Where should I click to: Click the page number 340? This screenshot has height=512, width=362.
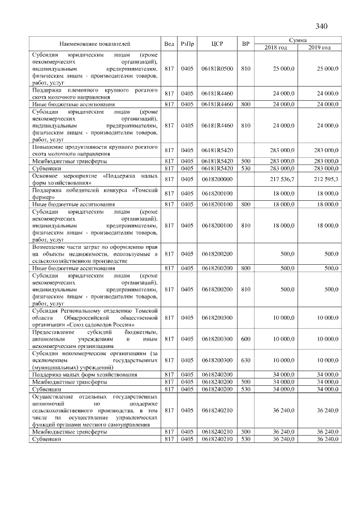tap(322, 26)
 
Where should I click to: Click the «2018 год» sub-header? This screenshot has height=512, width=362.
tap(277, 47)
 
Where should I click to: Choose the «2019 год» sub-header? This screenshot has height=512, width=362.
tap(320, 47)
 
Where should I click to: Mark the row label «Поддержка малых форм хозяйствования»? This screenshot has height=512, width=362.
tap(85, 375)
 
